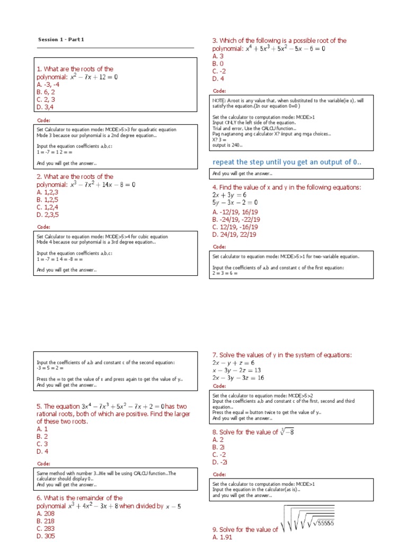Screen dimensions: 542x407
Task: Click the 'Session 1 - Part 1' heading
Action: tap(61, 40)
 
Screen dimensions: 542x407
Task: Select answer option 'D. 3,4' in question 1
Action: tap(46, 106)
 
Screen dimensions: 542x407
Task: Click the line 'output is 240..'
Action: tap(227, 144)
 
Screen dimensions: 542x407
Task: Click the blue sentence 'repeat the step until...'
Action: tap(287, 161)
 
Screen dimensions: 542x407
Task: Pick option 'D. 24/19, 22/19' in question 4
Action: tap(234, 234)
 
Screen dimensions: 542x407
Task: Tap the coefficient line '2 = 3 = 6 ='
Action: tap(225, 273)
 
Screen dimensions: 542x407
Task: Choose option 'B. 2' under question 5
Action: tap(42, 437)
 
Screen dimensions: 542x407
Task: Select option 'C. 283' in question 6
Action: tap(46, 528)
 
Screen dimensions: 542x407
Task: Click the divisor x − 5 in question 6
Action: tap(173, 507)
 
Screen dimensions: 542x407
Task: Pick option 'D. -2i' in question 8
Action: tap(220, 462)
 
